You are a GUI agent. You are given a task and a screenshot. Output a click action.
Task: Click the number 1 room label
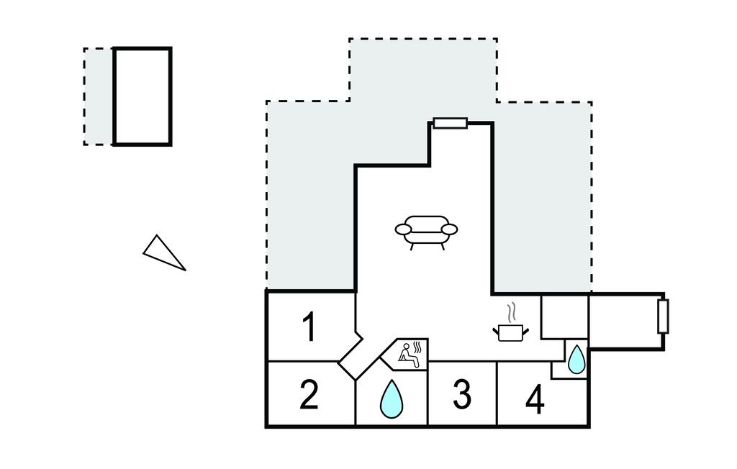pyautogui.click(x=309, y=327)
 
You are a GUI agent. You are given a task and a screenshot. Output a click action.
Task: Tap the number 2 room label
pyautogui.click(x=309, y=395)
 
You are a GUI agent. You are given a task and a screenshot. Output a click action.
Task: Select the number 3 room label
pyautogui.click(x=462, y=394)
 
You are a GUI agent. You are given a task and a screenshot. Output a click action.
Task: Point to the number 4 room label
pyautogui.click(x=535, y=400)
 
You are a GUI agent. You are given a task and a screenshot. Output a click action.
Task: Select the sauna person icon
pyautogui.click(x=408, y=353)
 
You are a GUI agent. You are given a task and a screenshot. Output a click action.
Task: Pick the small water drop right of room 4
pyautogui.click(x=577, y=359)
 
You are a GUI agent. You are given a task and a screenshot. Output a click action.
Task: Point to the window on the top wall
pyautogui.click(x=451, y=123)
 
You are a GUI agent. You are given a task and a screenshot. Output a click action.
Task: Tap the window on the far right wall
pyautogui.click(x=663, y=316)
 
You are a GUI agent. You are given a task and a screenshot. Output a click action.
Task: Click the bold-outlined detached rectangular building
pyautogui.click(x=143, y=96)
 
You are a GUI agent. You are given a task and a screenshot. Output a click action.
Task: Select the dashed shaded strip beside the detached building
pyautogui.click(x=99, y=96)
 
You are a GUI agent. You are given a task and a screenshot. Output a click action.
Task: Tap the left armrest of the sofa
pyautogui.click(x=403, y=229)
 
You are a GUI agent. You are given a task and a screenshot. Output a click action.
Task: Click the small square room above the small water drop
pyautogui.click(x=564, y=317)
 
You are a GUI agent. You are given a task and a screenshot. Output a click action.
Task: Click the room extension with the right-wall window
pyautogui.click(x=625, y=321)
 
